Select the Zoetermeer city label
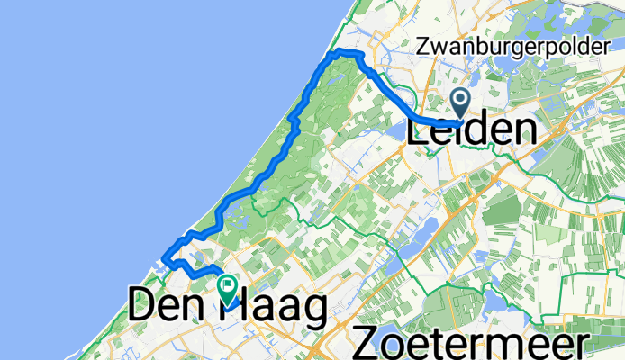coord(473,342)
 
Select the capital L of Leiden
coord(420,131)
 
